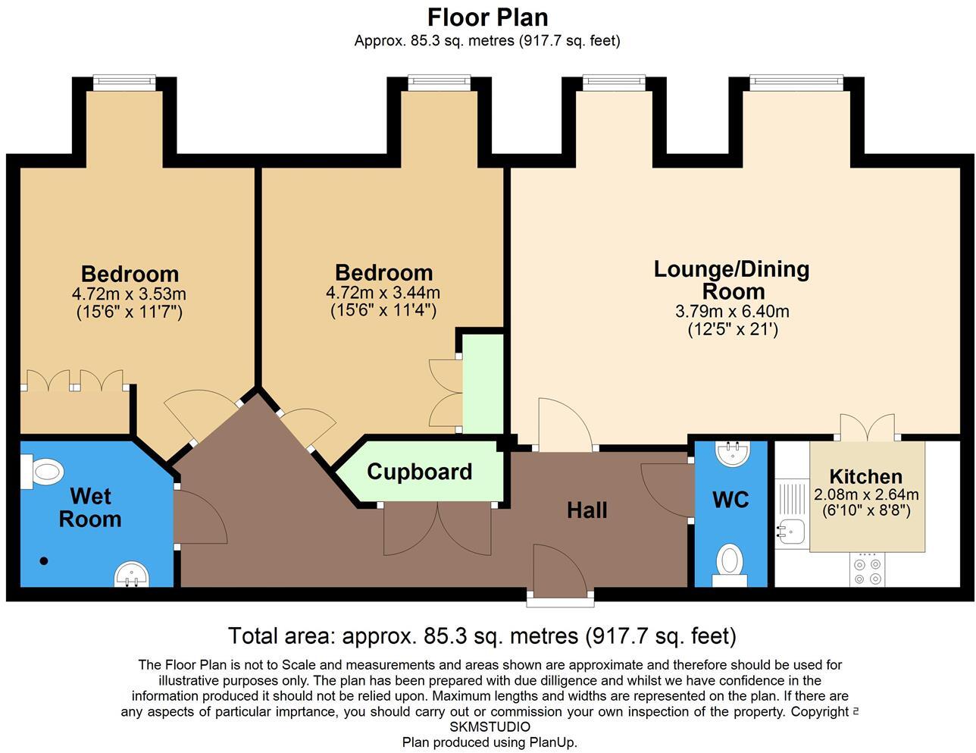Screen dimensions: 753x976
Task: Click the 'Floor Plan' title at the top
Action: pyautogui.click(x=487, y=17)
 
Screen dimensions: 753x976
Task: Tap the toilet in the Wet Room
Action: pyautogui.click(x=44, y=473)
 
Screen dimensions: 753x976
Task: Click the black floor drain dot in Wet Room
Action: pyautogui.click(x=44, y=561)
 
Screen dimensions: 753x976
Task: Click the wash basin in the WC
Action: pyautogui.click(x=732, y=453)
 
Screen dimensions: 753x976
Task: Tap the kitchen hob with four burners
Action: pyautogui.click(x=868, y=569)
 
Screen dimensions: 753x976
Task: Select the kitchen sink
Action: pyautogui.click(x=787, y=532)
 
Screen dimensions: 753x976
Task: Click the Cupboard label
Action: pyautogui.click(x=419, y=472)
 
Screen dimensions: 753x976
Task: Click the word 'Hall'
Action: pyautogui.click(x=587, y=510)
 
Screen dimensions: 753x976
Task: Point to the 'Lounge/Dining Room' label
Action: pyautogui.click(x=732, y=280)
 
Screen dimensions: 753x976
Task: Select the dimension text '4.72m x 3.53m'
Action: pyautogui.click(x=129, y=293)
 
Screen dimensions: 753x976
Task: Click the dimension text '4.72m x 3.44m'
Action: pyautogui.click(x=383, y=293)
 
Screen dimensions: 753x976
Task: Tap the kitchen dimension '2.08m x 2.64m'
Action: pyautogui.click(x=866, y=494)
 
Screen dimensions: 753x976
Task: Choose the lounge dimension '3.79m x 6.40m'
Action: pyautogui.click(x=732, y=311)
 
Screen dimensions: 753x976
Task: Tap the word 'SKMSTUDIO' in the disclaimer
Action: pyautogui.click(x=490, y=726)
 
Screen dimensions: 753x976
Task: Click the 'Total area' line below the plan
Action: pyautogui.click(x=482, y=635)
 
